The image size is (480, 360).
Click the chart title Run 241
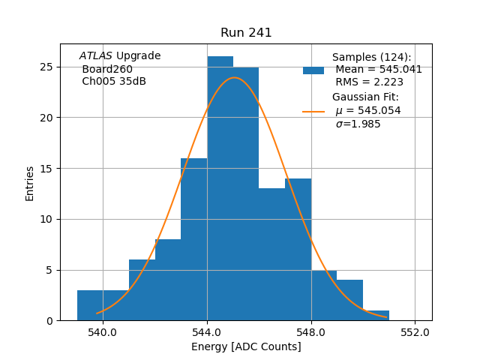tap(246, 33)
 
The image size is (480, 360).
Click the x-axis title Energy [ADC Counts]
tap(246, 346)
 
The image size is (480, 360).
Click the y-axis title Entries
tap(30, 183)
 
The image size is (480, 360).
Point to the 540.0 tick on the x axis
tap(103, 331)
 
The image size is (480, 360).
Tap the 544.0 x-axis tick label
tap(207, 331)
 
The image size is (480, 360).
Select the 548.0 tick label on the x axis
tap(310, 331)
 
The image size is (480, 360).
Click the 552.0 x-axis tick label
tap(415, 331)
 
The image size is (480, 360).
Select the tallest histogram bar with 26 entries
tap(220, 187)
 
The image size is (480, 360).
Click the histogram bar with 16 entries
tap(194, 240)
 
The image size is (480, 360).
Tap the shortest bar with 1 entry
tap(376, 316)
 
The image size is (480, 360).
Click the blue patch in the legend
tap(313, 70)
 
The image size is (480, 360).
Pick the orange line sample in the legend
tap(313, 111)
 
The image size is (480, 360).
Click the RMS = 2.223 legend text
tap(369, 82)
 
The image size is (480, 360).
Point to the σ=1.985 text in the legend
tap(358, 124)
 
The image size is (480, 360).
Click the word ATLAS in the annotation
tap(95, 56)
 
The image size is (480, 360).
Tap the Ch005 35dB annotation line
tap(114, 82)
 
